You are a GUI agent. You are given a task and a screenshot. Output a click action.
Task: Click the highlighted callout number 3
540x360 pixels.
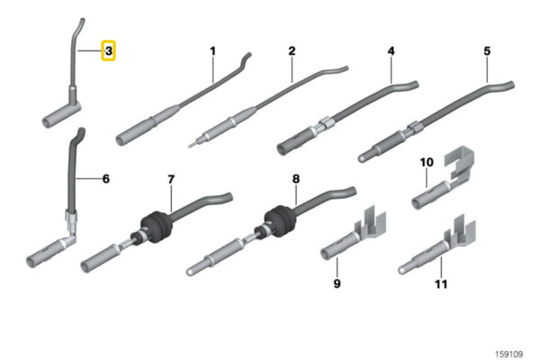click(x=108, y=51)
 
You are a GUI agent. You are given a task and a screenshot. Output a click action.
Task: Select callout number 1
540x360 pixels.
click(x=213, y=51)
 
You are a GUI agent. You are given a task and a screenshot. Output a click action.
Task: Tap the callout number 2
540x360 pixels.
click(x=292, y=51)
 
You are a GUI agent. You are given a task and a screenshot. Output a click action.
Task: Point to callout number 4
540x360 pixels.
click(x=391, y=51)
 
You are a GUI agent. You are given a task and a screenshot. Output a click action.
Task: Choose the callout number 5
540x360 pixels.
click(x=487, y=51)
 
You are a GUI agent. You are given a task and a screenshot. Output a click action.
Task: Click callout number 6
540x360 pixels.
click(x=105, y=179)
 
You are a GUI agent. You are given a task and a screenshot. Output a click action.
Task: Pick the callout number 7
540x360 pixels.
click(x=171, y=179)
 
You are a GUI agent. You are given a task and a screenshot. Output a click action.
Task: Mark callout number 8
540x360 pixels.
click(x=295, y=179)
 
